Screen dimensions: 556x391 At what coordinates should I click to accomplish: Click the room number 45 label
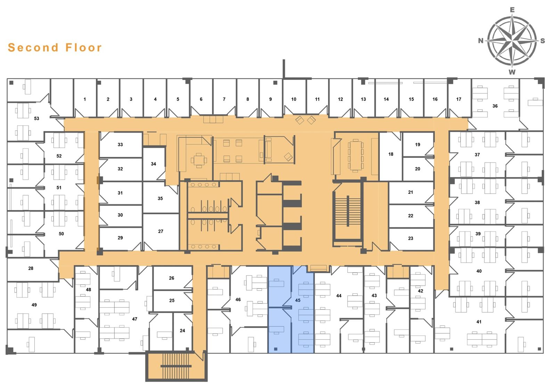coord(297,300)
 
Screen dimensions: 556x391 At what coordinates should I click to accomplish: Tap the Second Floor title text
coord(55,47)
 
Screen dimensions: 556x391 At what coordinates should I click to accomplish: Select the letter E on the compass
coord(512,10)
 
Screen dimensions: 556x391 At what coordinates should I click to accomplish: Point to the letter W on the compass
coord(512,72)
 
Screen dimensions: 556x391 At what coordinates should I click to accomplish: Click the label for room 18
coord(391,154)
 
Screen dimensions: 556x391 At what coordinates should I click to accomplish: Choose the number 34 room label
coord(153,164)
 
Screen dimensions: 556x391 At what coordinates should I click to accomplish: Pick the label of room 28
coord(31,268)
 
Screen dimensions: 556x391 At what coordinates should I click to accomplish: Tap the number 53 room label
coord(36,119)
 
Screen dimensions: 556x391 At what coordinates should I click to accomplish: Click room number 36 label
coord(495,106)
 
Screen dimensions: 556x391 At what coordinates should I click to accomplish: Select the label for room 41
coord(479,322)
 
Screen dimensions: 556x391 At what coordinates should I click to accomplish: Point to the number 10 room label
coord(294,99)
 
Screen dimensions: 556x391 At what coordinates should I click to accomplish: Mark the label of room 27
coord(161,232)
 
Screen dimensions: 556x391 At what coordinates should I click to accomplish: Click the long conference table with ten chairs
coord(355,156)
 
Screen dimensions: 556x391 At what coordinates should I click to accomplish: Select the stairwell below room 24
coord(176,366)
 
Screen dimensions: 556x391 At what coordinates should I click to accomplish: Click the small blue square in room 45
coord(276,349)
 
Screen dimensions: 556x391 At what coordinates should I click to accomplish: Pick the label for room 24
coord(182,331)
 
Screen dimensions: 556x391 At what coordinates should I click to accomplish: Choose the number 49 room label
coord(34,305)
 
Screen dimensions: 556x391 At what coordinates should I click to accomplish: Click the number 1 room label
coord(85,99)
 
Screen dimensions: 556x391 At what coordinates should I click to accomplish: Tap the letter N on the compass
coord(481,41)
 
